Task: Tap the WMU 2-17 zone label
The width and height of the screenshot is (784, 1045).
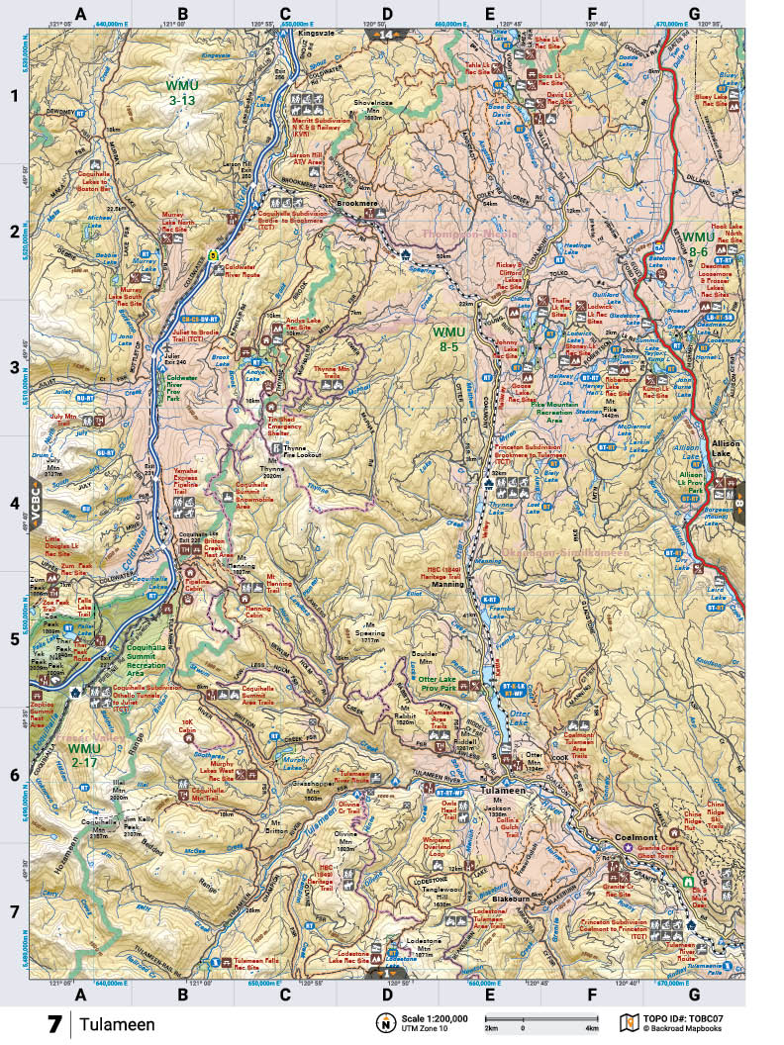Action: click(85, 754)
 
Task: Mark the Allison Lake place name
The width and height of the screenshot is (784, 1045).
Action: click(726, 451)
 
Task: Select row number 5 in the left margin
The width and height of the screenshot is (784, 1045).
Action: click(14, 638)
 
